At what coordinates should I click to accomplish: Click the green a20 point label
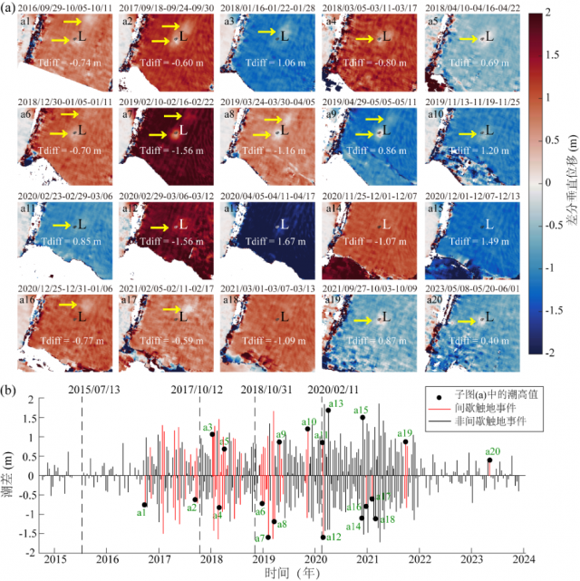pos(493,451)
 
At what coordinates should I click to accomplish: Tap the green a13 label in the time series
pos(335,403)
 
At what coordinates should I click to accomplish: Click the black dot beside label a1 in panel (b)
pos(144,505)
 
